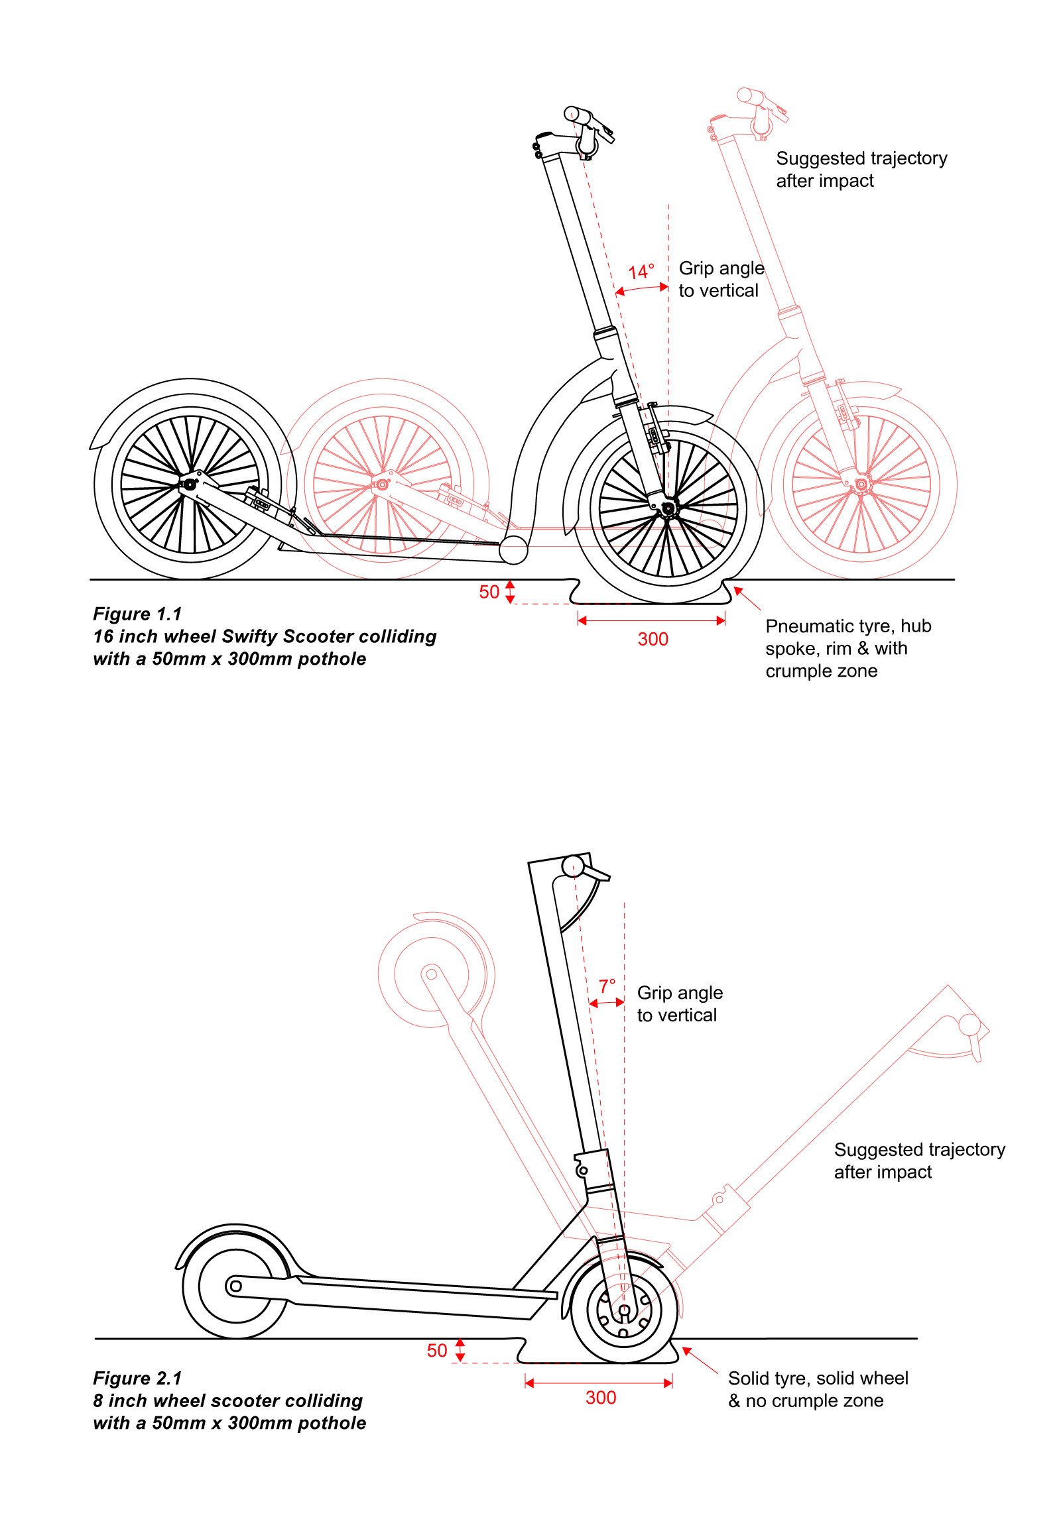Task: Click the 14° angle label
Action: click(641, 272)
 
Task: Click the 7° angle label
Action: click(607, 986)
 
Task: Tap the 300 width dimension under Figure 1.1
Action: click(653, 639)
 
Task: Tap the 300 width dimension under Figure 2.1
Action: click(600, 1397)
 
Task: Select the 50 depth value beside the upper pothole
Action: click(489, 592)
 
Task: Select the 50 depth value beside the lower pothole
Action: click(437, 1350)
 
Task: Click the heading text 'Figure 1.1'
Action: click(137, 614)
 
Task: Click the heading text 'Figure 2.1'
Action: click(137, 1378)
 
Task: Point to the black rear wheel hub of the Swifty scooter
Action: click(190, 484)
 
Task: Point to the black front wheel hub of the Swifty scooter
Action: click(668, 509)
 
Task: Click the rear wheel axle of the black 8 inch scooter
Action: click(235, 1286)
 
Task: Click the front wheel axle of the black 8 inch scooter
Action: click(624, 1310)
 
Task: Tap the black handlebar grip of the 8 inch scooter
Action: click(572, 866)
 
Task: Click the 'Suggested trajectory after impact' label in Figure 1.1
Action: click(861, 170)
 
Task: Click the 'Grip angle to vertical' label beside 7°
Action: click(680, 1003)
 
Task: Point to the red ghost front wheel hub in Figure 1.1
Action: click(861, 484)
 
